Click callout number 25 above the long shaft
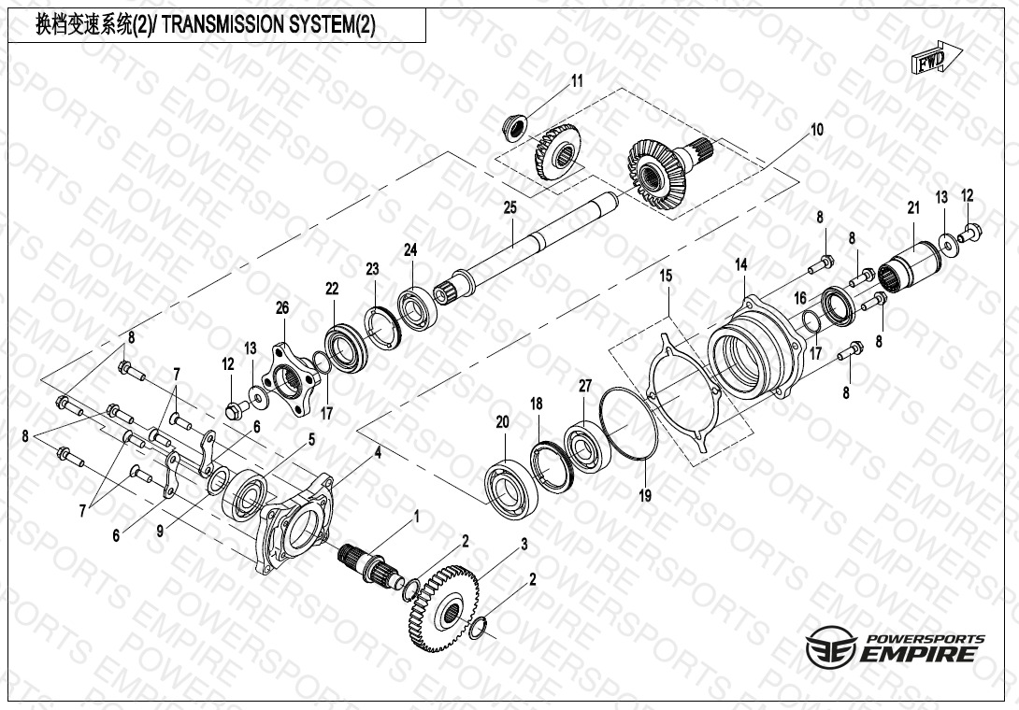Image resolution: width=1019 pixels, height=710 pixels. pyautogui.click(x=509, y=206)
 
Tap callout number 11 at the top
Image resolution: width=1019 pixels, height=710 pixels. pyautogui.click(x=577, y=81)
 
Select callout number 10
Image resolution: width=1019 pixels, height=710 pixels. pyautogui.click(x=816, y=130)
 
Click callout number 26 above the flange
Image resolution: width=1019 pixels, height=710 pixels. pyautogui.click(x=282, y=307)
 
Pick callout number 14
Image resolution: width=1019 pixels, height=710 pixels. pyautogui.click(x=740, y=266)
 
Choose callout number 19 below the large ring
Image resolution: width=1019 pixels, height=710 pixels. pyautogui.click(x=645, y=496)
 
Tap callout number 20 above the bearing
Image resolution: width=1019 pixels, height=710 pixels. pyautogui.click(x=502, y=422)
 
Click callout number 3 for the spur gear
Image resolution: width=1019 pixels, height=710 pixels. pyautogui.click(x=524, y=544)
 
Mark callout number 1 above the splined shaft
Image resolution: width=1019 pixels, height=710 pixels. pyautogui.click(x=416, y=516)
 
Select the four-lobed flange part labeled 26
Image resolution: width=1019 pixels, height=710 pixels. pyautogui.click(x=291, y=375)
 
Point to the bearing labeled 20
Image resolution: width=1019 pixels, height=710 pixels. pyautogui.click(x=510, y=485)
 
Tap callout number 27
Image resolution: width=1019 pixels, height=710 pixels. pyautogui.click(x=585, y=385)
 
